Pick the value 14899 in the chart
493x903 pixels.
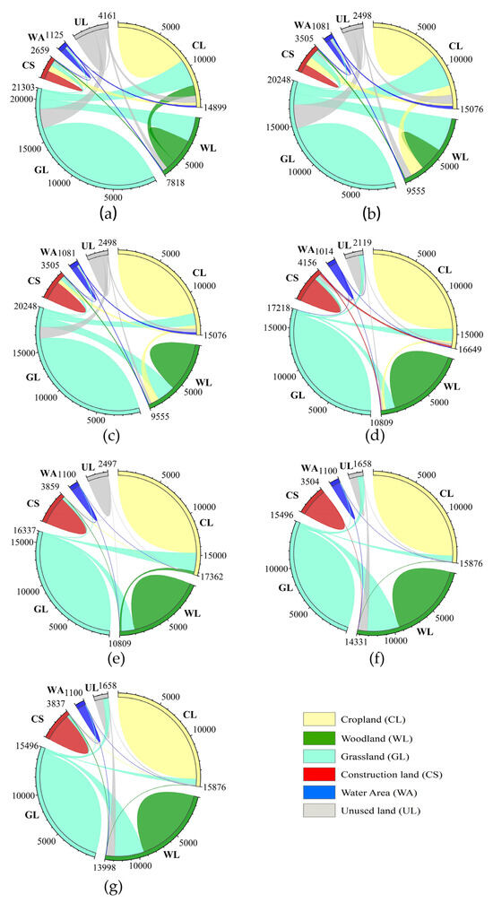[214, 109]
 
